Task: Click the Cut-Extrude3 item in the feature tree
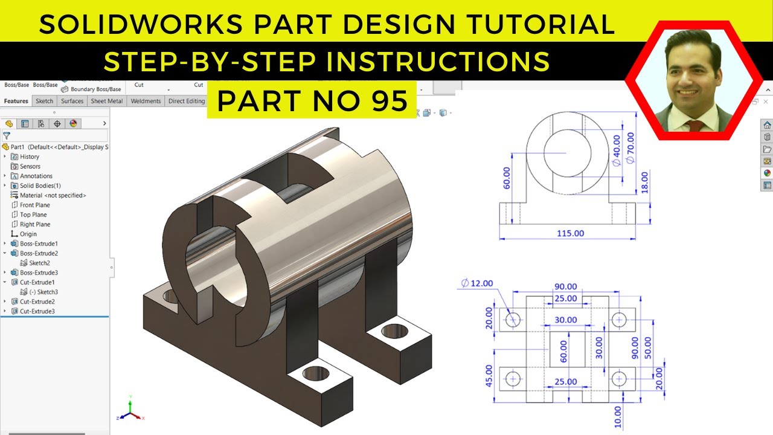(37, 311)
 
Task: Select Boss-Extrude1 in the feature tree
(39, 243)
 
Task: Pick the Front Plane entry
(34, 205)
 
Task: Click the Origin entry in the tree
(28, 234)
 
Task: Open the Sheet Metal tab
(107, 101)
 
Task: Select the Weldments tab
(146, 101)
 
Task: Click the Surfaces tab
(72, 101)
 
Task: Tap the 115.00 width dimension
(569, 233)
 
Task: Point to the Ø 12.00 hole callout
(477, 283)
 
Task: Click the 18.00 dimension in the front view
(644, 182)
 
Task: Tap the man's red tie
(694, 125)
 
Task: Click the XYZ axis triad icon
(130, 410)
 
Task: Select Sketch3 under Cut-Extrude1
(43, 292)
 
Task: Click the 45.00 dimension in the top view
(489, 376)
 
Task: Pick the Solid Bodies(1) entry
(40, 185)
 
